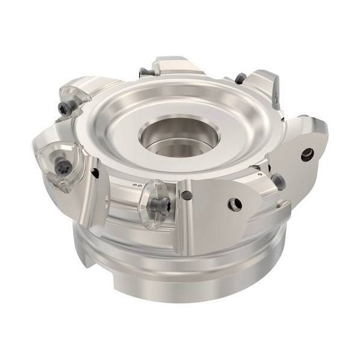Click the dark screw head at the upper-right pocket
[241, 77]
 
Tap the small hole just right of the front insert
[188, 194]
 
